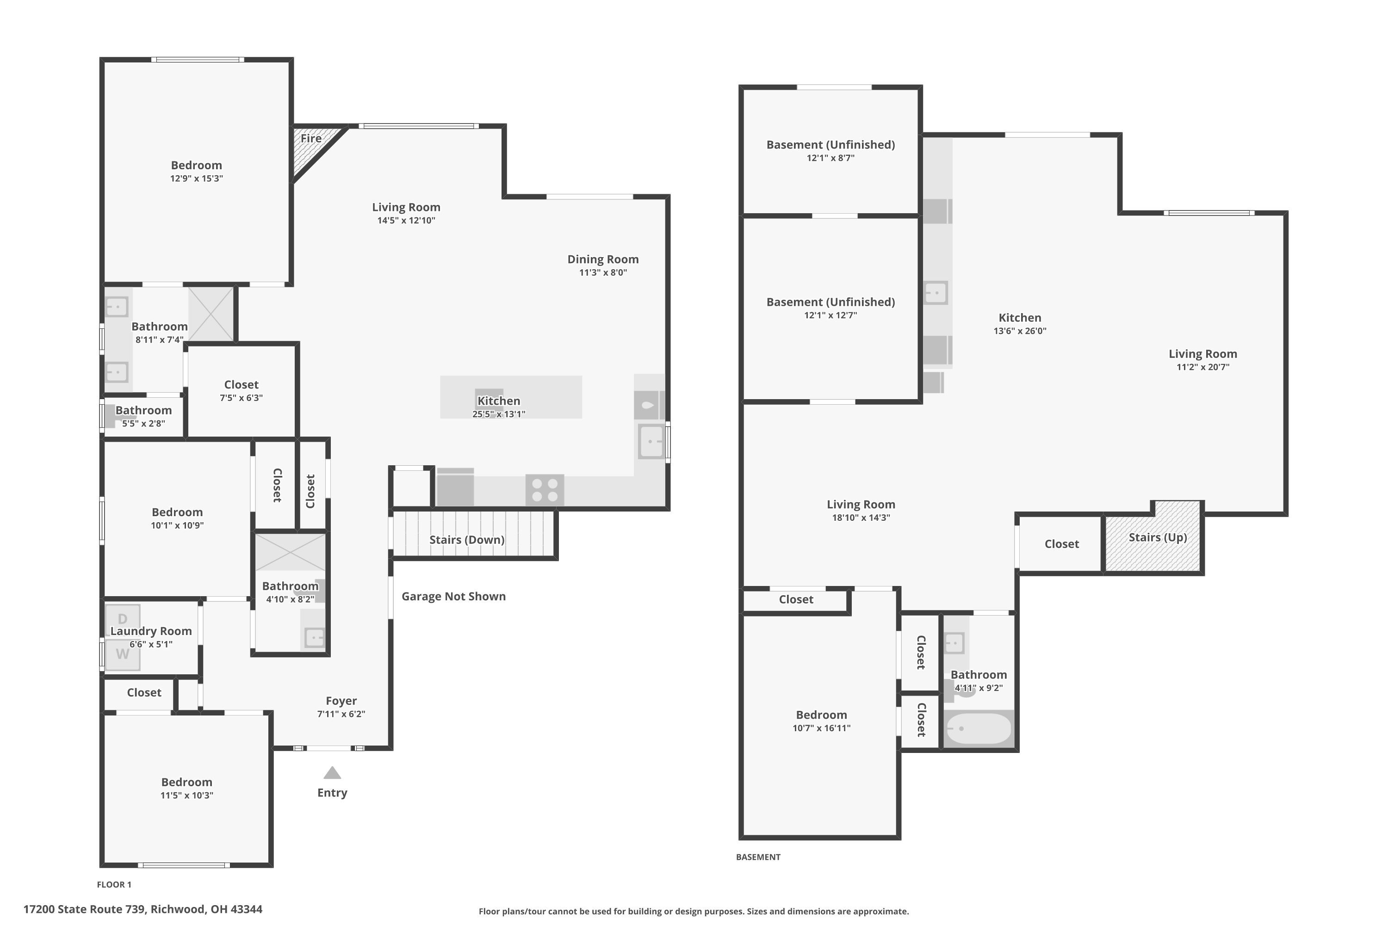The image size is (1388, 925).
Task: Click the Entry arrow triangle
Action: pos(332,773)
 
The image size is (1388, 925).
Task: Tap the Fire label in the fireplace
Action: pos(311,139)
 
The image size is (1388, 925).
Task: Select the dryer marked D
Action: pos(123,619)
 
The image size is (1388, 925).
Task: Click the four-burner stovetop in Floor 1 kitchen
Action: pos(545,490)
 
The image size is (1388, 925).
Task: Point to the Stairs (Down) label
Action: pos(467,540)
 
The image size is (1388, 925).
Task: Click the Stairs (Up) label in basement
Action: pos(1157,537)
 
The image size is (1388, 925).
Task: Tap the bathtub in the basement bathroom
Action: pos(978,729)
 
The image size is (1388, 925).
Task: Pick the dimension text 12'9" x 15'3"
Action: pos(197,179)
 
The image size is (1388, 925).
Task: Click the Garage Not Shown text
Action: pos(453,597)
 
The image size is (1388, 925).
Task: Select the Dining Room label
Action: pos(602,259)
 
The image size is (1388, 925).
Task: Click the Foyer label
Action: pos(341,701)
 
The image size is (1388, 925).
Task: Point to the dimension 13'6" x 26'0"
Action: pos(1020,331)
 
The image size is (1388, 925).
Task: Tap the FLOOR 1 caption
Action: pos(114,884)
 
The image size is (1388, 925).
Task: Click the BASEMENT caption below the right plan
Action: pos(758,857)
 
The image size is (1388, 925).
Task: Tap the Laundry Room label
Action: pos(151,631)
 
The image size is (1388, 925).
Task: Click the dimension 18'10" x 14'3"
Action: pos(861,518)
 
